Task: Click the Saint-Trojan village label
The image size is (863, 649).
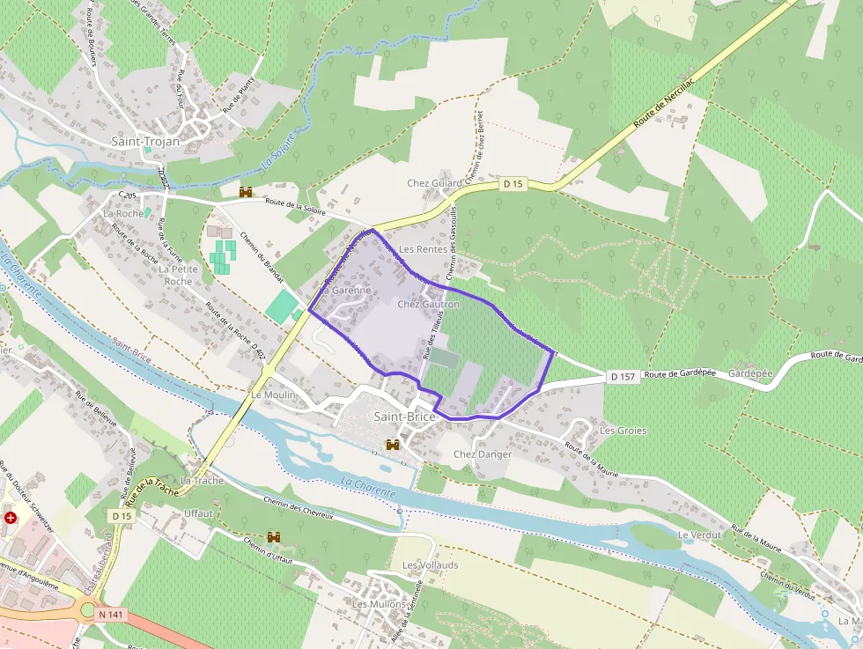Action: click(145, 141)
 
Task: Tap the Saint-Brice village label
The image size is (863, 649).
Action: click(405, 416)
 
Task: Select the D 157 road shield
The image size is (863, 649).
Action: click(623, 376)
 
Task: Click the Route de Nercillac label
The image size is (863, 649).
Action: click(666, 105)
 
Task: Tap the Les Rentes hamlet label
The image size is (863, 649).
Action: click(423, 249)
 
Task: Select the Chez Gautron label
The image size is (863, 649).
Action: click(429, 305)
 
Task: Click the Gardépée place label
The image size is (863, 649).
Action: click(750, 373)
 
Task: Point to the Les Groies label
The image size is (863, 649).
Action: click(623, 431)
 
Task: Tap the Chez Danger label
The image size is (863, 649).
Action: click(482, 454)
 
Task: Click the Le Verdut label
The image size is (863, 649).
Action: click(699, 535)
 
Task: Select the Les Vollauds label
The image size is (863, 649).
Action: click(430, 564)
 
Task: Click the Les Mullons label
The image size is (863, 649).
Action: click(379, 604)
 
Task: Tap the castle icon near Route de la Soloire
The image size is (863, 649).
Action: click(246, 191)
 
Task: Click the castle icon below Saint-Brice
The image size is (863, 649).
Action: click(393, 446)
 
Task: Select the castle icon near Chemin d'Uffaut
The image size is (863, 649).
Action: click(274, 536)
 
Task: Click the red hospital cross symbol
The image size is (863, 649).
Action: click(11, 518)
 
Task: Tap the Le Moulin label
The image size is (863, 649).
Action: click(274, 395)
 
